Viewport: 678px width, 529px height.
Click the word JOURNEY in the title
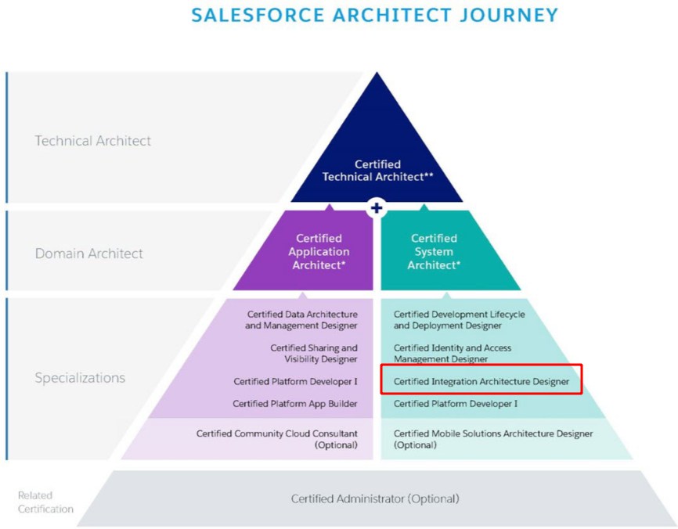tap(509, 15)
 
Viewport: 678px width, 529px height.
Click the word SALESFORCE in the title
tap(258, 15)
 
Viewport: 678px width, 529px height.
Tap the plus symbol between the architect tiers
tap(377, 208)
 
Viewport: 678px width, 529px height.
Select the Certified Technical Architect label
tap(377, 171)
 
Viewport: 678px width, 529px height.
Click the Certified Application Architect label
tap(319, 251)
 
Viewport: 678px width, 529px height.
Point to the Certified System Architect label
tap(434, 251)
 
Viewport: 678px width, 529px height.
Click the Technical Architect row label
tap(93, 140)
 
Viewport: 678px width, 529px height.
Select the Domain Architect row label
tap(88, 254)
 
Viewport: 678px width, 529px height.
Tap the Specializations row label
tap(80, 378)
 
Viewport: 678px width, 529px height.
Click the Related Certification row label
tap(45, 502)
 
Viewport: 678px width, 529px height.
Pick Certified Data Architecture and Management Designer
tap(301, 320)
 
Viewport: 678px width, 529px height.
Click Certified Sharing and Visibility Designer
tap(314, 354)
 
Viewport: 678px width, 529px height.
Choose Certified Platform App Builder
tap(295, 404)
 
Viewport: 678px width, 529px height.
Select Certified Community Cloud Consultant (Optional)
tap(276, 439)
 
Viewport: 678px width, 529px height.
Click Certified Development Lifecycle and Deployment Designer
tap(460, 320)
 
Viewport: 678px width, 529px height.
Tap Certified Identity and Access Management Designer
tap(453, 354)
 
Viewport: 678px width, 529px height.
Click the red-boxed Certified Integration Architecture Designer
tap(481, 382)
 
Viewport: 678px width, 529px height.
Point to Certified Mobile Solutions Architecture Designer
tap(493, 439)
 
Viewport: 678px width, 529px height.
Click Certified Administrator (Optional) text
tap(375, 498)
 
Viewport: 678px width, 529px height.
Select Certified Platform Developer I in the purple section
tap(295, 382)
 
